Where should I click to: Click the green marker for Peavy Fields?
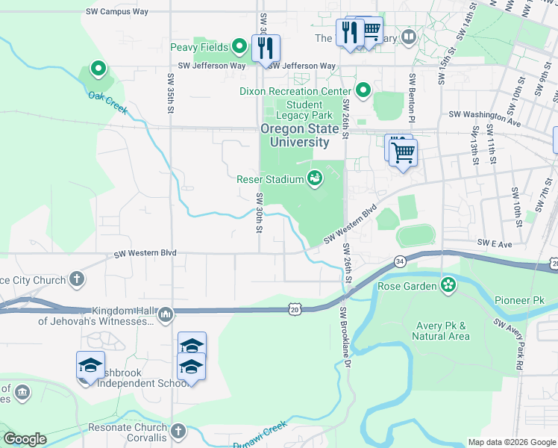tap(239, 47)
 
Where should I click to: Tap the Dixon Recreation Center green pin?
tap(363, 91)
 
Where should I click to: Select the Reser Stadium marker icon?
tap(315, 178)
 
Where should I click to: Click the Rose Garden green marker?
tap(448, 284)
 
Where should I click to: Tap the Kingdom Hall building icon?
tap(166, 315)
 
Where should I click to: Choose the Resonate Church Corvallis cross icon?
tap(178, 431)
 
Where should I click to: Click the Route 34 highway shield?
tap(401, 261)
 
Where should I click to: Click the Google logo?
tap(24, 439)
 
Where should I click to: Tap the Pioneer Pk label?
tap(519, 300)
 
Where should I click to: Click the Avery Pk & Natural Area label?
tap(441, 331)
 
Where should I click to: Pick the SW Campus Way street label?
tap(117, 12)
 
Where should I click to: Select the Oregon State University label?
tap(295, 135)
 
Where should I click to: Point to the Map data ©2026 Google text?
tap(511, 442)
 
